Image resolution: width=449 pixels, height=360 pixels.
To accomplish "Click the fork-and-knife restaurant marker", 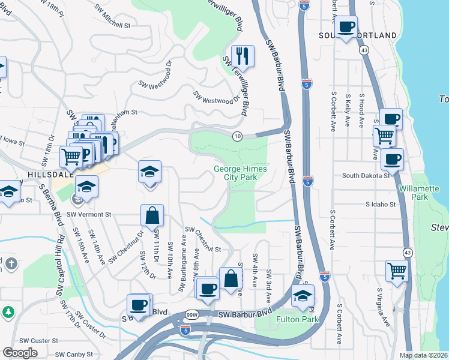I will (x=243, y=56).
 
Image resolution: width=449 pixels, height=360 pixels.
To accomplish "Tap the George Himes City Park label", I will (x=240, y=173).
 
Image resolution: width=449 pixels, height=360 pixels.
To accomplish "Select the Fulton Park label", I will (x=297, y=319).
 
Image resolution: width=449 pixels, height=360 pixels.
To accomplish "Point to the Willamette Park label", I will (x=419, y=193).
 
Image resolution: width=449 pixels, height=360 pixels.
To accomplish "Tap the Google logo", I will (x=20, y=353).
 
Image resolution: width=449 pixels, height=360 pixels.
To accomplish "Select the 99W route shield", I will (x=192, y=314).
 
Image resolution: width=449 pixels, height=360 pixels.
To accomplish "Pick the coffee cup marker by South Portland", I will (x=346, y=27).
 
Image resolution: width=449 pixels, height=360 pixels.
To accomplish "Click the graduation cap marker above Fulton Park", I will (x=303, y=295).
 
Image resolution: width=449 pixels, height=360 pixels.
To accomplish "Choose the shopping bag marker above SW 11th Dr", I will (x=152, y=214).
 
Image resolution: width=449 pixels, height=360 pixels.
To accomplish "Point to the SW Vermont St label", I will (x=89, y=214).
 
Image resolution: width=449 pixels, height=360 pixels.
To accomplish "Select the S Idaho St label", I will (x=381, y=205).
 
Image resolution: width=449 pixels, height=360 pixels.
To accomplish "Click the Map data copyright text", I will (x=423, y=355).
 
